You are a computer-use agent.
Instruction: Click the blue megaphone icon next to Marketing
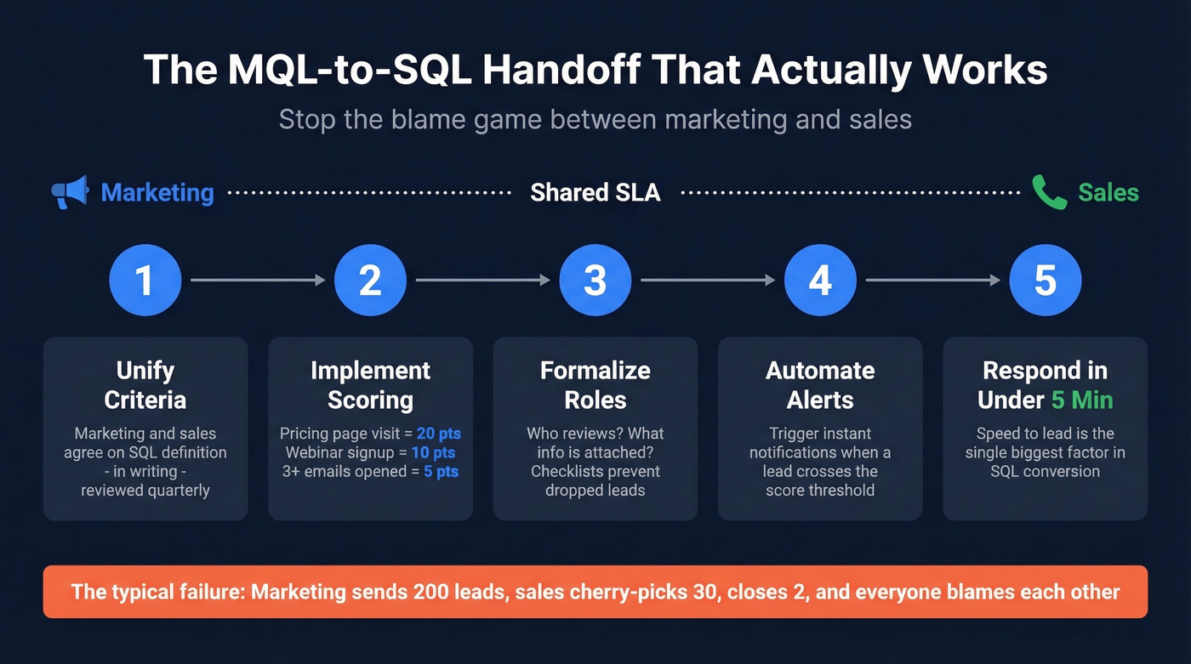(70, 192)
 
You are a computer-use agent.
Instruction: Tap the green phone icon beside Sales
(1049, 192)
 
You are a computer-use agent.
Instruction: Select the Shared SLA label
(595, 193)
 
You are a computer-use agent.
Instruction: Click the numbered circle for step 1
(145, 281)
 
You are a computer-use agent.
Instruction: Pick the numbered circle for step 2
(370, 281)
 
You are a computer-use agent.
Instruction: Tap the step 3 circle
(595, 281)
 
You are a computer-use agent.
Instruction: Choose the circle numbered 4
(820, 281)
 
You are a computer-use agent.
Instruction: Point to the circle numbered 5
(1045, 281)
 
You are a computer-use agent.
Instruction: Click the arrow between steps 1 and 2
(258, 280)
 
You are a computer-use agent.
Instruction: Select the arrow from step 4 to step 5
(932, 280)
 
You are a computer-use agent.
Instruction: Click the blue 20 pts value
(438, 434)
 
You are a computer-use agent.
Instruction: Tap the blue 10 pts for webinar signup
(432, 452)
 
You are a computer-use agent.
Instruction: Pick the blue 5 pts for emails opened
(441, 471)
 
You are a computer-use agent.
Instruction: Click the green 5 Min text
(1081, 400)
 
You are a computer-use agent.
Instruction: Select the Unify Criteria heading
(145, 385)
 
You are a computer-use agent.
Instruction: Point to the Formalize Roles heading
(595, 385)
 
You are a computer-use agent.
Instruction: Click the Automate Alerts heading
(820, 385)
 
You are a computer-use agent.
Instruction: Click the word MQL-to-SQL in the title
(349, 70)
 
